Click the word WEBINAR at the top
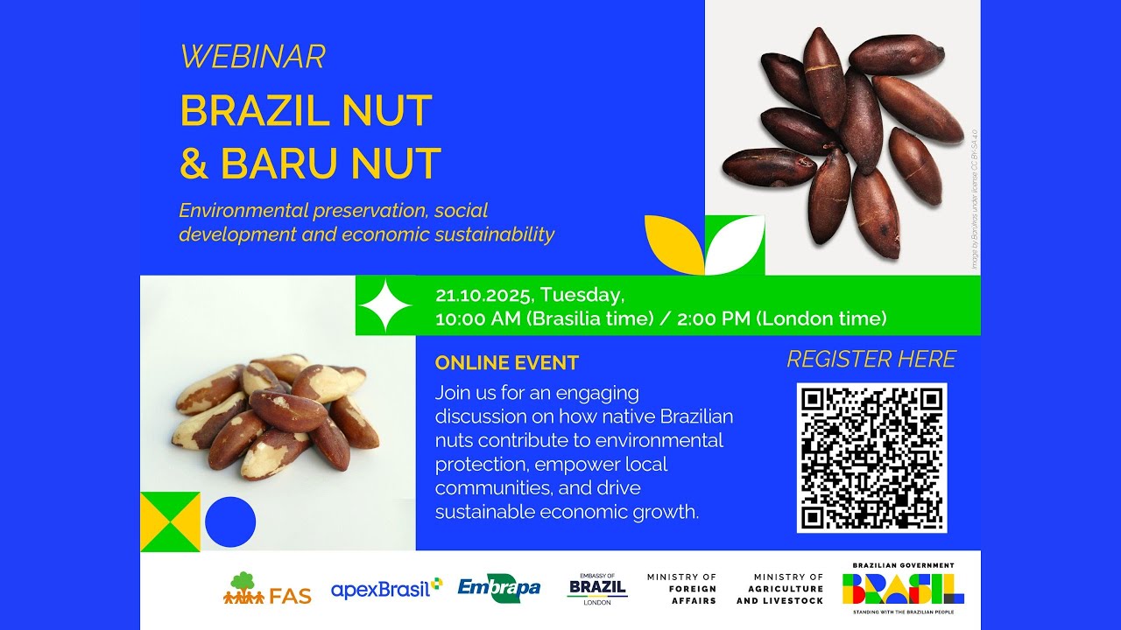coord(252,57)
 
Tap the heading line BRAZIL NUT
coord(306,111)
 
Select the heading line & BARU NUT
coord(310,164)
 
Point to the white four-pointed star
coord(385,305)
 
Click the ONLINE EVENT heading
coord(507,363)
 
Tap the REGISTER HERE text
coord(871,360)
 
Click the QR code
coord(871,458)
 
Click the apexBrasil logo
coord(386,589)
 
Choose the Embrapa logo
coord(499,589)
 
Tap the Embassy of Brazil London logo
coord(597,587)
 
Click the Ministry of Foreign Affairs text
coord(681,589)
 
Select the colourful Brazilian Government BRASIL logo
coord(903,587)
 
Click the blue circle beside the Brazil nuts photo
coord(230,522)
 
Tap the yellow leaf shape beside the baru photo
coord(673,242)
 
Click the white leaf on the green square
coord(736,247)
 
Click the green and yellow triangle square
coord(170,522)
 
